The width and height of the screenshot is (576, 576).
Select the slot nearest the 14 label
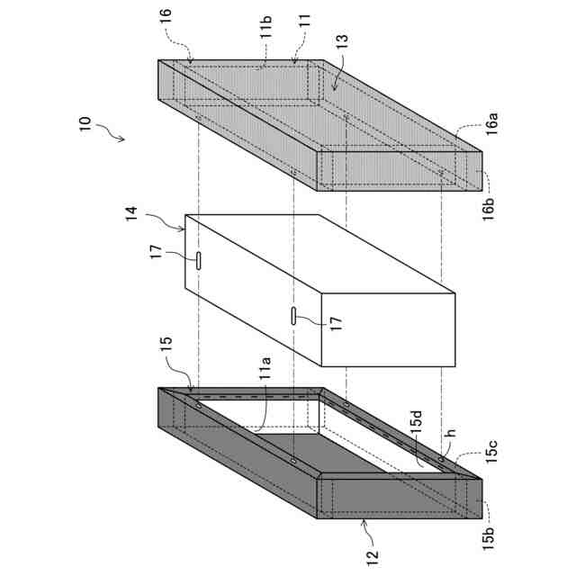tap(198, 260)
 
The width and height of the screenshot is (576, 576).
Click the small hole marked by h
tap(441, 459)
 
